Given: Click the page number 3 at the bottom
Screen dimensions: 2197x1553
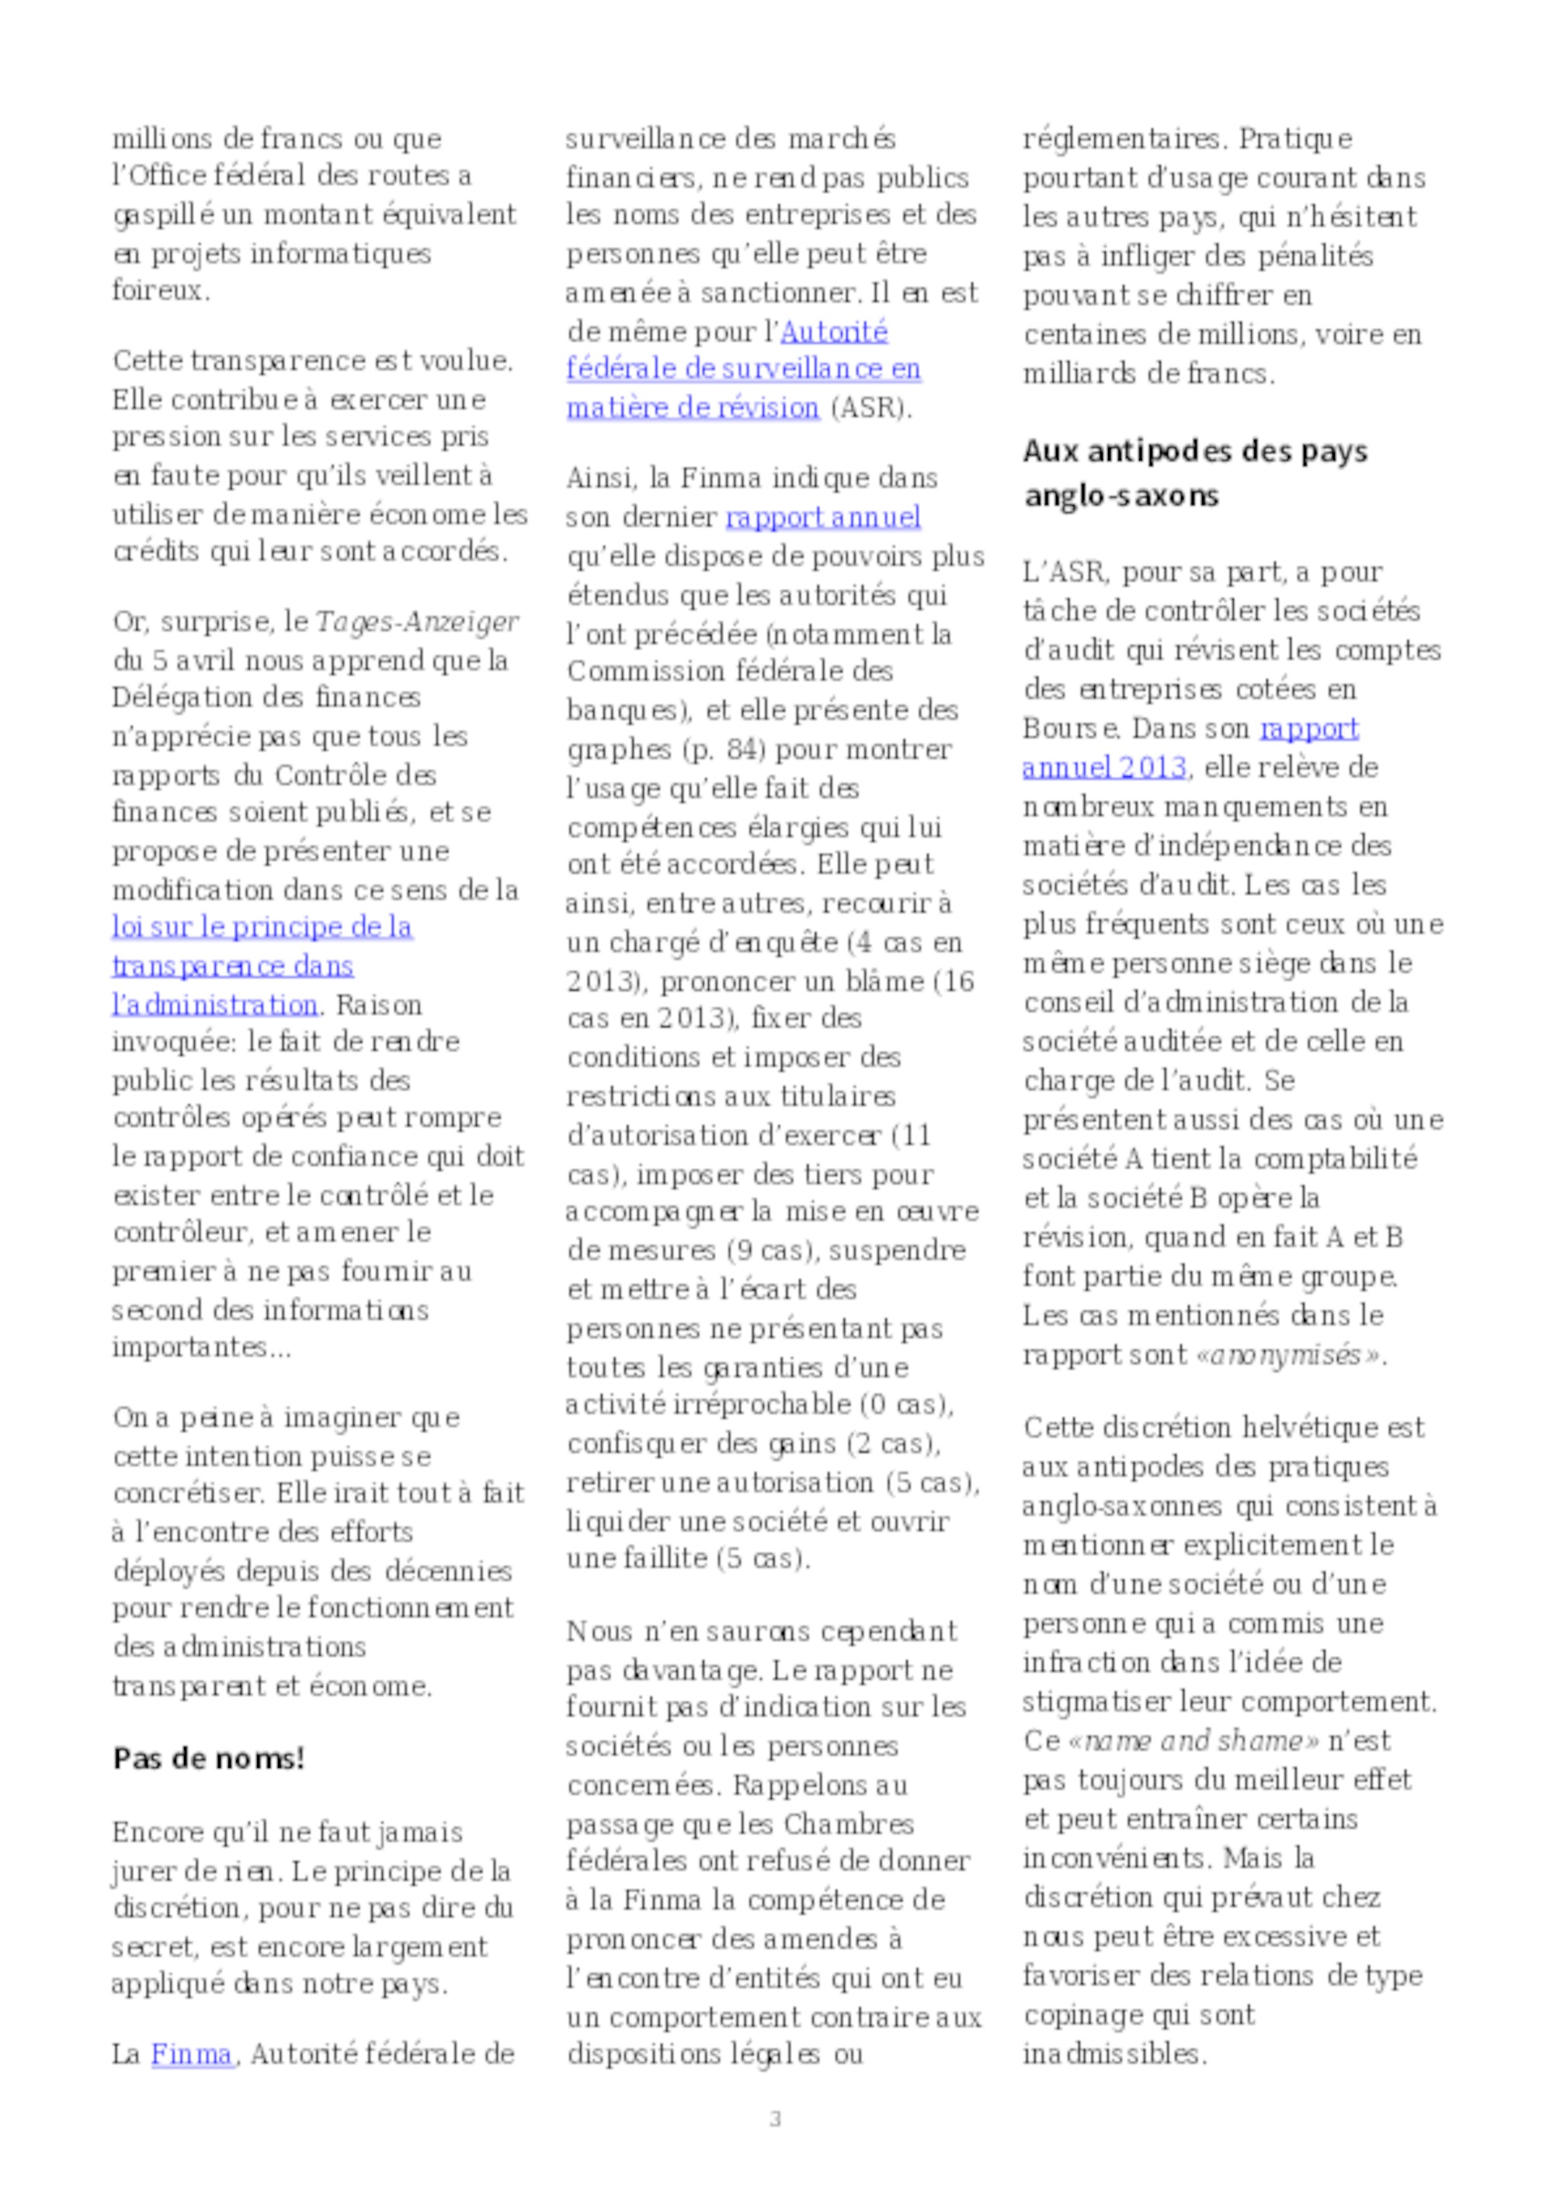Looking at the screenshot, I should [775, 2119].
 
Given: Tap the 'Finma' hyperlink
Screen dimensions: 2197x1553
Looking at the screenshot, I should [191, 2054].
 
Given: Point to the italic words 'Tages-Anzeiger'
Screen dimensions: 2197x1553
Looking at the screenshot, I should [417, 622].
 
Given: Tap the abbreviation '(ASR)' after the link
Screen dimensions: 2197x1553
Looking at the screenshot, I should [870, 408].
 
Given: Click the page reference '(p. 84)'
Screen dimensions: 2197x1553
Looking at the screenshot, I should [724, 749].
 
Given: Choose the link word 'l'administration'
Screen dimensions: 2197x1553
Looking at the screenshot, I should [214, 1005].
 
